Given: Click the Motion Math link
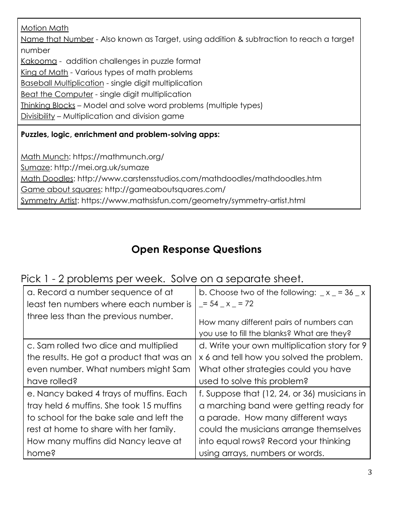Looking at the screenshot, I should pos(45,28).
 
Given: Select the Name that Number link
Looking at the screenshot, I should pos(57,39).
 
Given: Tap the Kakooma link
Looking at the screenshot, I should pos(38,61).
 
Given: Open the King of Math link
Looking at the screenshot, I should pos(44,72).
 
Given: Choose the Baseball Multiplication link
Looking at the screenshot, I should pos(62,83).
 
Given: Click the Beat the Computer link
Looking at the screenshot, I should pos(57,94).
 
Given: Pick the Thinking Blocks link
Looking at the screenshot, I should pos(48,106).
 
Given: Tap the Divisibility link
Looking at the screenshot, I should pos(38,116).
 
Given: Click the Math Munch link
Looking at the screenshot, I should pos(45,157).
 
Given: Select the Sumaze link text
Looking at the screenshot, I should pos(36,168).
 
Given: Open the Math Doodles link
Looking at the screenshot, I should pos(47,179).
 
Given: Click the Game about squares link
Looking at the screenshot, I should pos(60,190).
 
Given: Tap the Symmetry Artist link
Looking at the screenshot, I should pos(49,201).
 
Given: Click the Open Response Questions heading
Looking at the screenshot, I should pos(196,250).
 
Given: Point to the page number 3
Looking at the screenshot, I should pos(369,473).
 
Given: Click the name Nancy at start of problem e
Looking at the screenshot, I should pos(51,394).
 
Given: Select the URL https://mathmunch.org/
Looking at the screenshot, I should pos(118,157).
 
